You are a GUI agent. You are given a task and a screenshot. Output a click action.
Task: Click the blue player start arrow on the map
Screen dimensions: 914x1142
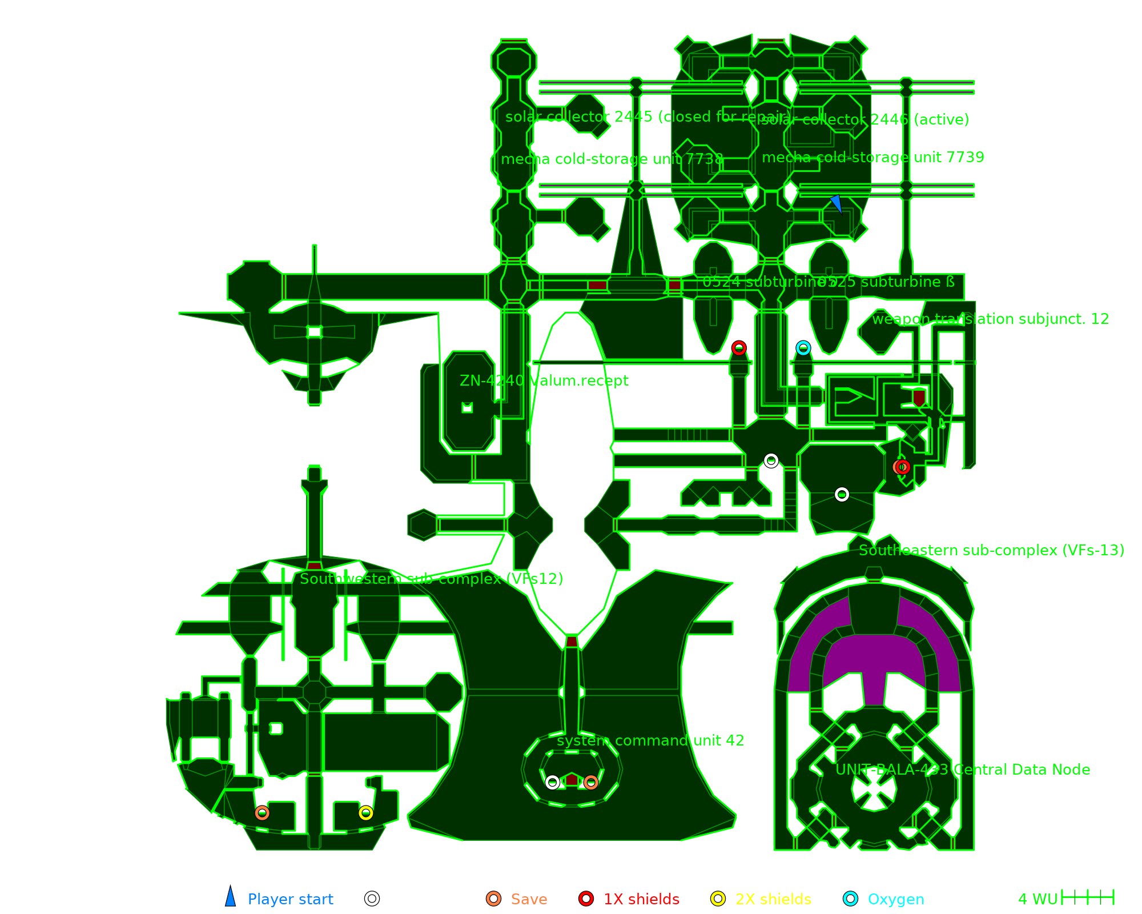[x=837, y=203]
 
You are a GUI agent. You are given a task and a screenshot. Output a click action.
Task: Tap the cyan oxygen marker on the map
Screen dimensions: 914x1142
[x=803, y=348]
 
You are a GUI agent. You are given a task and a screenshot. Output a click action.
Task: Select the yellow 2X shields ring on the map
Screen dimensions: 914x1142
[x=366, y=812]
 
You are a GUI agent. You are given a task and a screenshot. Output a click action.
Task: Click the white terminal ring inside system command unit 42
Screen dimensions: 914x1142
[x=552, y=782]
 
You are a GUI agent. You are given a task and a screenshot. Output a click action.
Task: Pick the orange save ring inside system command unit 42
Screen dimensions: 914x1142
[x=591, y=782]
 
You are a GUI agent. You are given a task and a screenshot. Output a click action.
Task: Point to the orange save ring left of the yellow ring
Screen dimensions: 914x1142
[x=262, y=812]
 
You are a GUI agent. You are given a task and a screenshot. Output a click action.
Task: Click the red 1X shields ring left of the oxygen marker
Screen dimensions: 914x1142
[x=739, y=348]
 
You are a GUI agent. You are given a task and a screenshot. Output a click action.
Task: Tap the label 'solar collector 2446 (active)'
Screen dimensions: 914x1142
[x=865, y=119]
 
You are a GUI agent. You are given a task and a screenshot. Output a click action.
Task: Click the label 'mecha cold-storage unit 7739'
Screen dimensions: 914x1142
[x=873, y=157]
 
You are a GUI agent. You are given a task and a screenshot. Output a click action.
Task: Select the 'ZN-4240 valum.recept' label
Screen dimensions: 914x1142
[x=544, y=380]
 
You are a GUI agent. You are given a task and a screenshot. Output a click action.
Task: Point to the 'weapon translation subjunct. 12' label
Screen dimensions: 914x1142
[x=990, y=319]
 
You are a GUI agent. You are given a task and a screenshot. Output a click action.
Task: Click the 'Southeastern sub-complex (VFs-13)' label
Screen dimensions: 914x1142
[x=991, y=550]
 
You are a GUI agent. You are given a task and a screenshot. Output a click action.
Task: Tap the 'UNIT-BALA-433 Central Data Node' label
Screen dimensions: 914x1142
[x=963, y=769]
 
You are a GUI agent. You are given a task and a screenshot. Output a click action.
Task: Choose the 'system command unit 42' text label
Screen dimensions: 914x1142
[x=650, y=740]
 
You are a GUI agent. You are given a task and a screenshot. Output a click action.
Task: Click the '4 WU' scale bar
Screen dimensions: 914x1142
[x=1088, y=897]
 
